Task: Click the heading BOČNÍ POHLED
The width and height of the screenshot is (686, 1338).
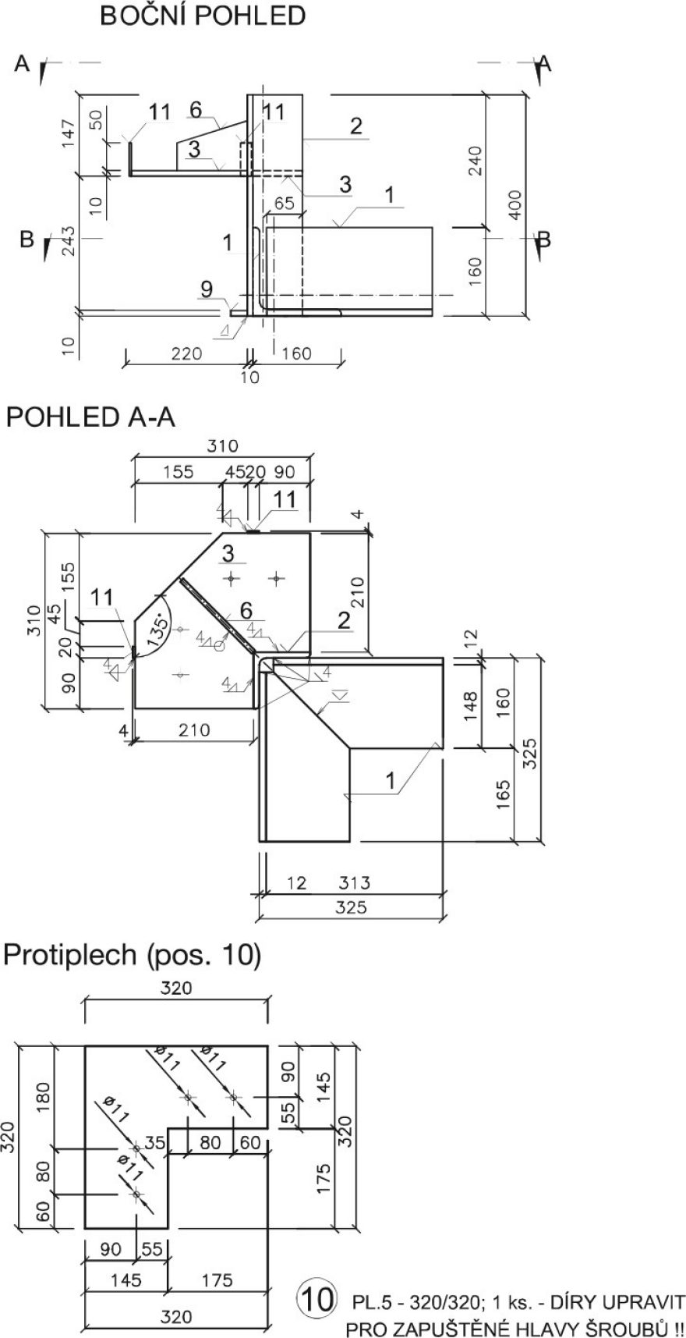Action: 202,16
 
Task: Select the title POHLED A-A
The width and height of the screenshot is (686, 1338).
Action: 90,417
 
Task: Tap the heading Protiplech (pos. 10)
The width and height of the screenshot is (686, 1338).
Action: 132,955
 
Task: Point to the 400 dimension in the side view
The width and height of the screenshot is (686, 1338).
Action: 514,204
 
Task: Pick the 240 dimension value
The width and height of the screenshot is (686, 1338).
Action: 477,161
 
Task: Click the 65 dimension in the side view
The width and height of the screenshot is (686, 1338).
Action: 285,204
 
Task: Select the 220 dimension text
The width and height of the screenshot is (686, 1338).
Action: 186,354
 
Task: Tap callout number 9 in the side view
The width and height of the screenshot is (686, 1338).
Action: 206,289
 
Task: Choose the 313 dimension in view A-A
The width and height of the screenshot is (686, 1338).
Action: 354,883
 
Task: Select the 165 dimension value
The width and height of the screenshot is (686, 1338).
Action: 503,793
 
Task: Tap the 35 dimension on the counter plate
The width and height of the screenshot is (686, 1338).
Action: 154,1144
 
